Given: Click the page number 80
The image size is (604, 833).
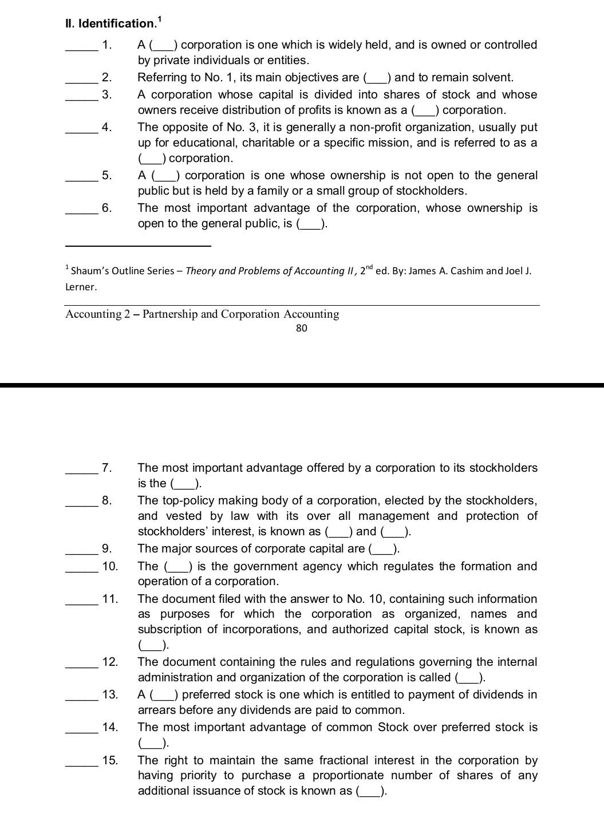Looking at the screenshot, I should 302,328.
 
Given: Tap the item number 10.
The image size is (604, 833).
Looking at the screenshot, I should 110,567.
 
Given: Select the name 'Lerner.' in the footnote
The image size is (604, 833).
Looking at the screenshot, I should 81,287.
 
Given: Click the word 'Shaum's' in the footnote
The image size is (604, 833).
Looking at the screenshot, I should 92,271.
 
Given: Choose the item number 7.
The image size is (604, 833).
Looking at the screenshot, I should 106,468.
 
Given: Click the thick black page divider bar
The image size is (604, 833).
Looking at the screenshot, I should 302,385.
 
